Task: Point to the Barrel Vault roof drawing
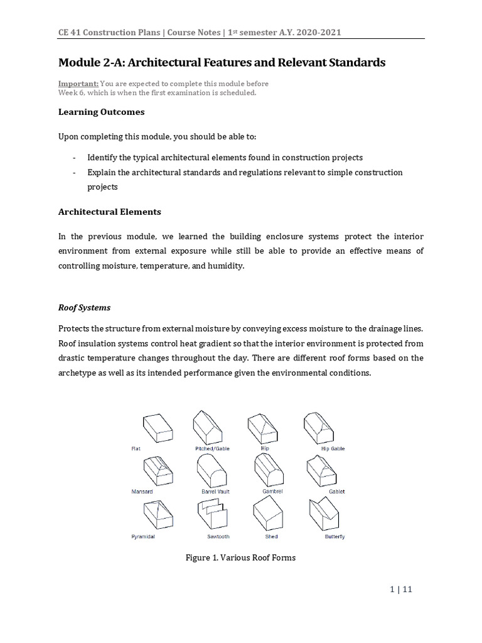213,472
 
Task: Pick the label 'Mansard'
142,492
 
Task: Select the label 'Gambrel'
272,492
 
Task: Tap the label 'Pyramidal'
143,537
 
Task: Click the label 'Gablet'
337,492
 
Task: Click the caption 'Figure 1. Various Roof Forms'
241,558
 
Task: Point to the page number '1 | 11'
401,589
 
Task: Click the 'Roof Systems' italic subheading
84,308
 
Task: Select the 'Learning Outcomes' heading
101,112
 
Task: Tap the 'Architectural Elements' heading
109,212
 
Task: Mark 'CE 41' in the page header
70,32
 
